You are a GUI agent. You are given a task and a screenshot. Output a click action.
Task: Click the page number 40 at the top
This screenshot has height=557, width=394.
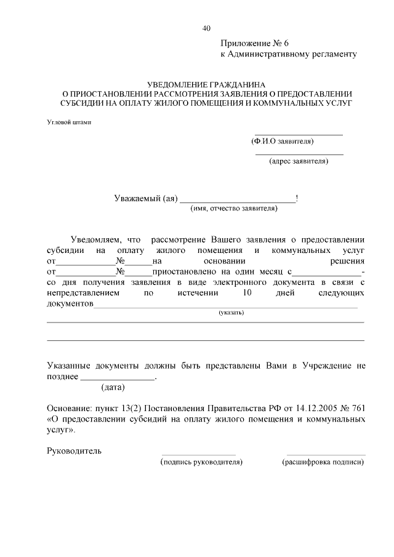206,28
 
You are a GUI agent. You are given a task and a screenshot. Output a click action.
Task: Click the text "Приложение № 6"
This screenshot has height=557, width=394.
254,43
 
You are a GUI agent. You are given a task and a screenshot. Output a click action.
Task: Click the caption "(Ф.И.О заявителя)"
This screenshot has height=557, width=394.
283,142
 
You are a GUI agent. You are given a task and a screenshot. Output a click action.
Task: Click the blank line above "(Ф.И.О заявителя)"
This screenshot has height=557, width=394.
299,134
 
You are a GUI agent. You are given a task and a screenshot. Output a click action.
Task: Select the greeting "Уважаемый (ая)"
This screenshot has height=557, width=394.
146,198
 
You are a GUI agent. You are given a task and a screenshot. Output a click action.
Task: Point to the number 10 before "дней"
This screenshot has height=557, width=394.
247,293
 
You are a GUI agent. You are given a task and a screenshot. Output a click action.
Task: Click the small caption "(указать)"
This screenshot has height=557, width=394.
231,313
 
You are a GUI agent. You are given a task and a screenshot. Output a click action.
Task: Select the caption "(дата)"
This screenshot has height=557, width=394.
113,387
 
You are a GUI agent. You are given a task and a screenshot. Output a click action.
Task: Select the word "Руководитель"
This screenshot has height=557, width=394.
74,451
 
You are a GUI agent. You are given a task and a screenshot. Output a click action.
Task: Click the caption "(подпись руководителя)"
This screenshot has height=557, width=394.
201,462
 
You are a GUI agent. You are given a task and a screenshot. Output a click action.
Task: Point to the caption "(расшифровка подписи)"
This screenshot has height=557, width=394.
323,462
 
